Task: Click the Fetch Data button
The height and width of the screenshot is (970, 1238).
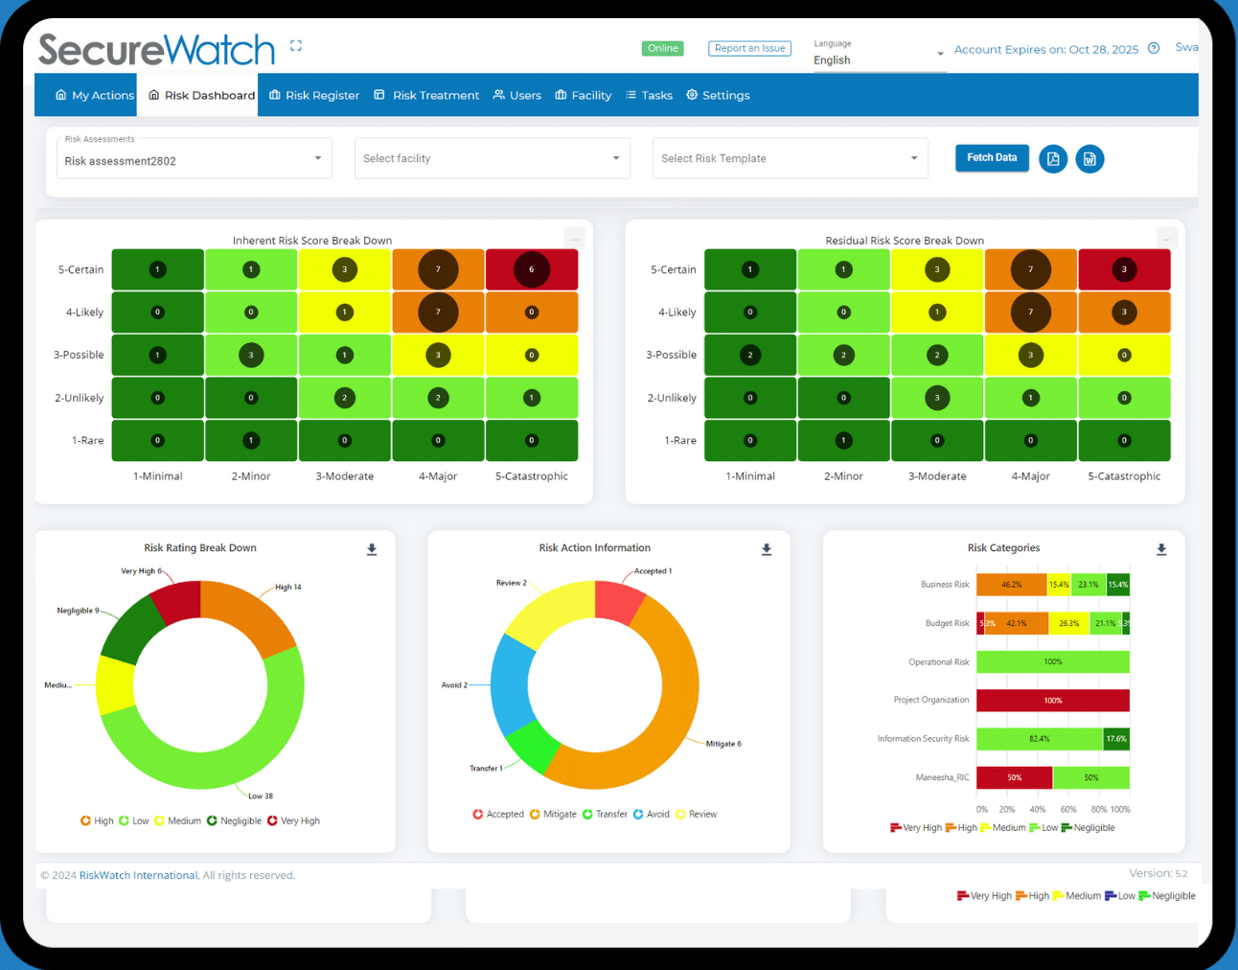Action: click(991, 158)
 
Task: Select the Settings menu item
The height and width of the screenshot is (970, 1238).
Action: click(718, 96)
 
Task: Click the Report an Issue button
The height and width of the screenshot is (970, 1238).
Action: click(749, 49)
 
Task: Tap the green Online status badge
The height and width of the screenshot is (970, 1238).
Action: click(662, 49)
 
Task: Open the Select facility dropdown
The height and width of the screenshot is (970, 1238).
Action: click(492, 159)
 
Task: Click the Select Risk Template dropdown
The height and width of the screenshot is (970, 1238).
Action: click(790, 159)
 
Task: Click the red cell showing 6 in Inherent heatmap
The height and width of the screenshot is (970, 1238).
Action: click(532, 269)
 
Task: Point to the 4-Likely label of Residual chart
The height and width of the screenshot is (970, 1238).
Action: click(676, 312)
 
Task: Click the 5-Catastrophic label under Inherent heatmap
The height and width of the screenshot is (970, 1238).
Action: click(531, 476)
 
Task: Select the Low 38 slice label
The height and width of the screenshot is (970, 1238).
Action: click(261, 797)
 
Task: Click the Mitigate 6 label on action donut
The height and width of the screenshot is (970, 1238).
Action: click(723, 744)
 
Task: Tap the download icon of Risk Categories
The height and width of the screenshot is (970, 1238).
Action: click(1161, 550)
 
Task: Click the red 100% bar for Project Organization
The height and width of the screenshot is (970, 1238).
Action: click(1052, 701)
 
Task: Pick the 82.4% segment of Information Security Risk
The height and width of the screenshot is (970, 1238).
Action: click(1039, 739)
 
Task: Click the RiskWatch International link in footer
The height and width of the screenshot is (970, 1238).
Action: click(138, 876)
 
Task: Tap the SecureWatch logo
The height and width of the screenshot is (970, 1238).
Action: click(156, 50)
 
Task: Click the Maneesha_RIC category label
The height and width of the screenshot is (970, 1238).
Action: click(942, 778)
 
